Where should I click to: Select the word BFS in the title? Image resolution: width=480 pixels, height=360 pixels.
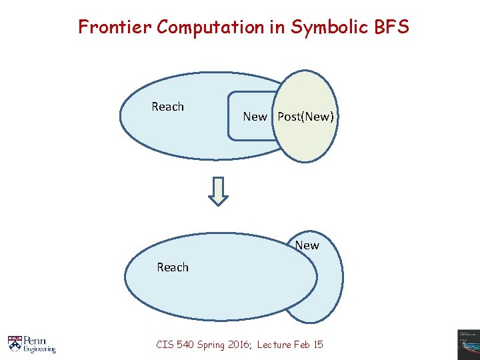390,27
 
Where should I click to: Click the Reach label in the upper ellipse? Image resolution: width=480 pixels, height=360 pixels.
167,107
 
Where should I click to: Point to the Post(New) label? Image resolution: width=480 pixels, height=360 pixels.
305,117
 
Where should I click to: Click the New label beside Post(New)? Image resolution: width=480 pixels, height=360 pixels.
255,117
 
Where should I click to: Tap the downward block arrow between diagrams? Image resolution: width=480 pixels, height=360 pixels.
218,191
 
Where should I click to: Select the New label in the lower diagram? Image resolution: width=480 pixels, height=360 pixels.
307,245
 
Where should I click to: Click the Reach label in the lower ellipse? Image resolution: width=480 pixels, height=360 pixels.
173,267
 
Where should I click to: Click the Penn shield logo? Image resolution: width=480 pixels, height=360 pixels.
15,343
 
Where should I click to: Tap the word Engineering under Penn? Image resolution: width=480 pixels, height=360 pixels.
40,349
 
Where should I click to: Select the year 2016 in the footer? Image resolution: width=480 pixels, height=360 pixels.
239,345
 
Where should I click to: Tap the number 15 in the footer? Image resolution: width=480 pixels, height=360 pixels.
318,345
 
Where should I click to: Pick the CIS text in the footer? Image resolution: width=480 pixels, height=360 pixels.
164,345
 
